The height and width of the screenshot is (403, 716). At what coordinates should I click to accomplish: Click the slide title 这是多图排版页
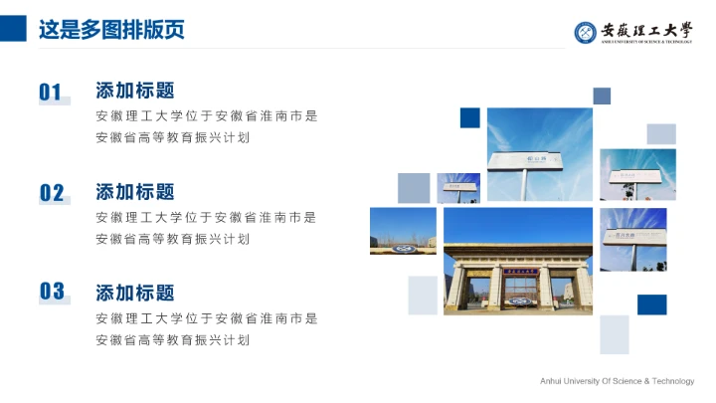(111, 29)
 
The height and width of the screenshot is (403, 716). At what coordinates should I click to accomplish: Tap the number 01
(51, 93)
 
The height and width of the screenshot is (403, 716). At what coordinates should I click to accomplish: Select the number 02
(52, 193)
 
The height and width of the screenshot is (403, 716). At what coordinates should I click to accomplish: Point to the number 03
(52, 292)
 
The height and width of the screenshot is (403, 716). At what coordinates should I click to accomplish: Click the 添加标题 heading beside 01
(135, 91)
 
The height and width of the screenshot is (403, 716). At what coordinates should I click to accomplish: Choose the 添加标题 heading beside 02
(135, 191)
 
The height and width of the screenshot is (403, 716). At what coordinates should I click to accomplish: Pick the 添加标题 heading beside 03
(135, 293)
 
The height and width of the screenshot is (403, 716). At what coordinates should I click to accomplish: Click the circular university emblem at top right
(586, 32)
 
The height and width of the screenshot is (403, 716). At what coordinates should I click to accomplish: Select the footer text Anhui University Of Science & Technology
(617, 381)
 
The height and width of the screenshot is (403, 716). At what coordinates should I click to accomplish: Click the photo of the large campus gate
(518, 262)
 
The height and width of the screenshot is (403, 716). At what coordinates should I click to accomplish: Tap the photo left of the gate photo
(403, 231)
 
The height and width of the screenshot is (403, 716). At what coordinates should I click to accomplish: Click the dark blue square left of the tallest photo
(470, 118)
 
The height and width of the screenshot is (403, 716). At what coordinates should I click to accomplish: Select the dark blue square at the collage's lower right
(652, 304)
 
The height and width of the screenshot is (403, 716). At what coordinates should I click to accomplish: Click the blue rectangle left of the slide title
(13, 28)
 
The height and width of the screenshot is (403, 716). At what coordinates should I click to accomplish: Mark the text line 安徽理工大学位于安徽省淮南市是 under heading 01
(206, 115)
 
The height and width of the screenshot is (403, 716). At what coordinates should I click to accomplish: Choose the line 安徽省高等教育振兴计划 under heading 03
(172, 340)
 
